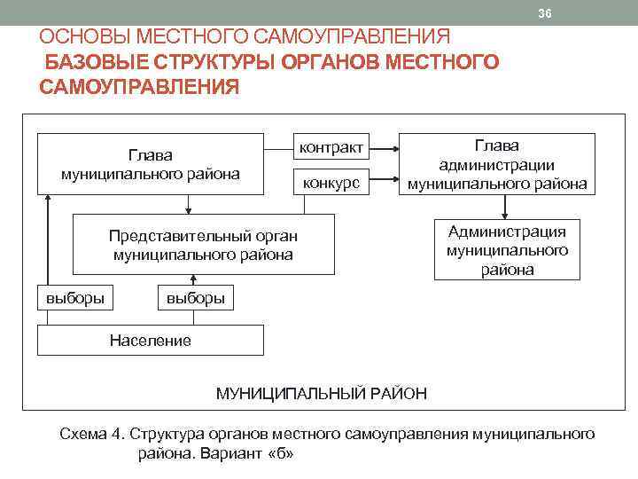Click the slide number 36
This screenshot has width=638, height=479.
pyautogui.click(x=545, y=12)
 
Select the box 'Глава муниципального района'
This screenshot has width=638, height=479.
pyautogui.click(x=151, y=163)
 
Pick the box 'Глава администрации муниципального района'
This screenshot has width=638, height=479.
pyautogui.click(x=496, y=164)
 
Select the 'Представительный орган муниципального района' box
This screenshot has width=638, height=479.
pyautogui.click(x=203, y=245)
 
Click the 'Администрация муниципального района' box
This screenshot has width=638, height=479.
pyautogui.click(x=507, y=250)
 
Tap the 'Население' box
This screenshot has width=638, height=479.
pyautogui.click(x=150, y=340)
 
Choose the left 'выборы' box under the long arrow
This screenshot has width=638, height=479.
pyautogui.click(x=75, y=298)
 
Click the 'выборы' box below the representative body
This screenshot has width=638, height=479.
pyautogui.click(x=195, y=298)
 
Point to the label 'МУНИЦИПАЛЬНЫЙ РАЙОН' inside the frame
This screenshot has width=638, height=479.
pyautogui.click(x=322, y=392)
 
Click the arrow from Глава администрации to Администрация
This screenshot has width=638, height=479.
pyautogui.click(x=505, y=207)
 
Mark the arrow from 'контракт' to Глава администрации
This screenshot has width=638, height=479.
pyautogui.click(x=384, y=146)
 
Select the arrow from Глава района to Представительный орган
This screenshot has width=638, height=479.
pyautogui.click(x=187, y=203)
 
